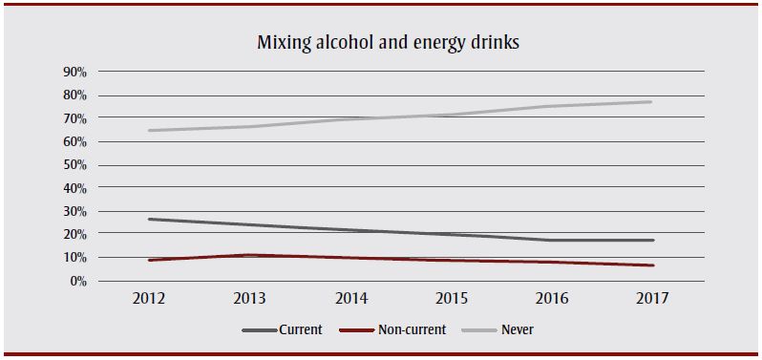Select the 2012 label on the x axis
149,299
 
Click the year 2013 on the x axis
249,299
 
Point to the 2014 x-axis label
349,299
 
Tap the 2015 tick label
451,299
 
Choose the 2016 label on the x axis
551,299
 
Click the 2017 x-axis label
651,299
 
